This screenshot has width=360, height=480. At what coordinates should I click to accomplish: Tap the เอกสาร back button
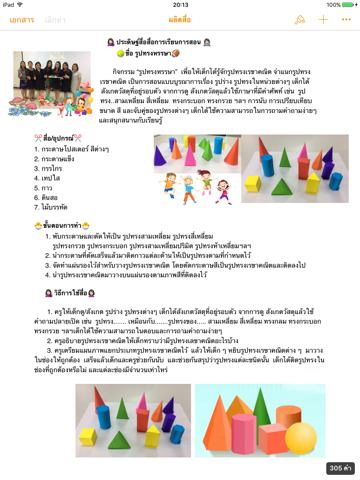22,20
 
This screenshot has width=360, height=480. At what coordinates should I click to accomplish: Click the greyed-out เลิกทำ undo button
55,20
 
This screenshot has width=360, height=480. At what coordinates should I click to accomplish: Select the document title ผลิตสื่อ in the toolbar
180,20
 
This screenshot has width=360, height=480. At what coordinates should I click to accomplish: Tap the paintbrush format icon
299,20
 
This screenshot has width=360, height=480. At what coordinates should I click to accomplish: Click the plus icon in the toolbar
323,20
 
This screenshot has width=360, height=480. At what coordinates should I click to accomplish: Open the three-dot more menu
346,20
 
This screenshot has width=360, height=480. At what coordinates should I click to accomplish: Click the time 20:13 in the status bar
180,5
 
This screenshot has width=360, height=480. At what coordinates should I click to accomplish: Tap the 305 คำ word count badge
340,468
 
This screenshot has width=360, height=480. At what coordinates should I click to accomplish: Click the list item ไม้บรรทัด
54,207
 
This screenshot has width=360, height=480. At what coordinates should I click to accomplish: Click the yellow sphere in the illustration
301,438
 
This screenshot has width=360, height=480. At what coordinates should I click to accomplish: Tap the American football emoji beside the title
176,53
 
